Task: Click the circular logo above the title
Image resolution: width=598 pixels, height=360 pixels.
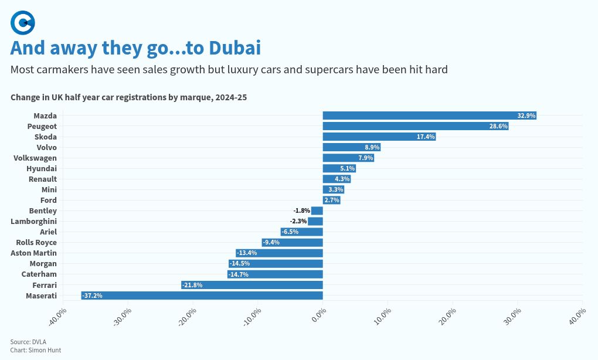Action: tap(23, 23)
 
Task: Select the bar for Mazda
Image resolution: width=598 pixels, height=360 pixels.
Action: tap(429, 116)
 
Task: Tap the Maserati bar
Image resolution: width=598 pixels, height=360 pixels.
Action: tap(202, 296)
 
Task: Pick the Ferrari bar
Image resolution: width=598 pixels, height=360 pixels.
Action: tap(252, 285)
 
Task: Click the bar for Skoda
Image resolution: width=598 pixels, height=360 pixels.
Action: tap(379, 137)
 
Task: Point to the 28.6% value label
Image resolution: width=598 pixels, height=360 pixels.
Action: tap(499, 126)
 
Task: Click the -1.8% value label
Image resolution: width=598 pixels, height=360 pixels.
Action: tap(301, 210)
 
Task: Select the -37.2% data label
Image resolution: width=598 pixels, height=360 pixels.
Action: tap(93, 296)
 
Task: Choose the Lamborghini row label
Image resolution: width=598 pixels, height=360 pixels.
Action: tap(34, 221)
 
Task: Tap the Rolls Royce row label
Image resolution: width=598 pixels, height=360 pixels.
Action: tap(36, 242)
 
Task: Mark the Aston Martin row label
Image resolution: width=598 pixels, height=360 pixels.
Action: tap(34, 253)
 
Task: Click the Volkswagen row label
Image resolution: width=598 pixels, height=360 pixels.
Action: tap(35, 158)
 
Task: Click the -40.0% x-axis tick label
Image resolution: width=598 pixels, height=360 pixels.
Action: tap(59, 315)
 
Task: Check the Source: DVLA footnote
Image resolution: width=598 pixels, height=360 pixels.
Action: tap(28, 342)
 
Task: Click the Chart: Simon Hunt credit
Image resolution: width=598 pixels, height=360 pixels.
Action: tap(36, 350)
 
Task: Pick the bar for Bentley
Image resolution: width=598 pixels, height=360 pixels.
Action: tap(317, 210)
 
